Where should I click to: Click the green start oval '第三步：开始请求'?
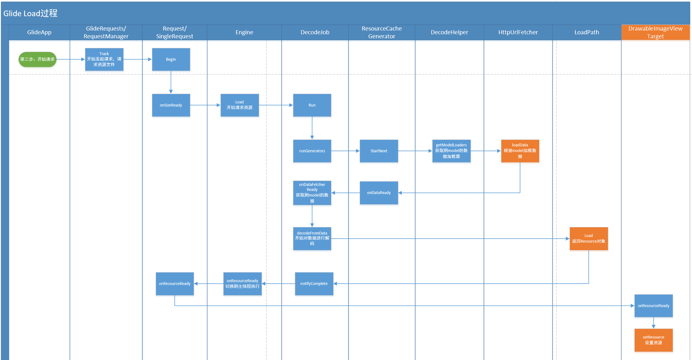[x=37, y=59]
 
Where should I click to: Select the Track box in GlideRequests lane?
[x=104, y=59]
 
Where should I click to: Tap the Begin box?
[x=171, y=59]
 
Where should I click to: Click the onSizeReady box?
[x=171, y=105]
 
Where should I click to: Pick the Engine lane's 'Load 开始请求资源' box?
[x=239, y=105]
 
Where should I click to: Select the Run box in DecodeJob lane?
[x=312, y=105]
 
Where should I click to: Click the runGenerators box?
[x=312, y=151]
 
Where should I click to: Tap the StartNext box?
[x=379, y=151]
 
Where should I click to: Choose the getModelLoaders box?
[x=451, y=151]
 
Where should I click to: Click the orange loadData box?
[x=520, y=151]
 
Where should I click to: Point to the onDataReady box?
[x=379, y=193]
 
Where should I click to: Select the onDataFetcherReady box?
[x=312, y=193]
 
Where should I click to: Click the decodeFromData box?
[x=312, y=239]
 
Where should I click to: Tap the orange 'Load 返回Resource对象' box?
[x=589, y=239]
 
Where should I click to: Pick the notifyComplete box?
[x=314, y=284]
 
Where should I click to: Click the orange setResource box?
[x=653, y=340]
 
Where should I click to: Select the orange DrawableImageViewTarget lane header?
[x=655, y=32]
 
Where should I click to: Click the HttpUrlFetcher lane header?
[x=518, y=32]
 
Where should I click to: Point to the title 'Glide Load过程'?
[x=31, y=13]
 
